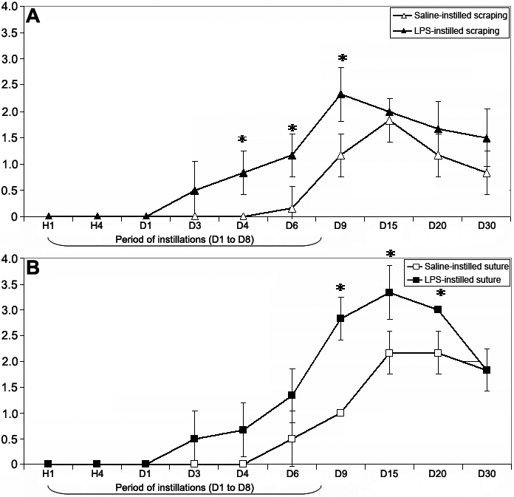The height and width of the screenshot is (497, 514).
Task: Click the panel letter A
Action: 32,16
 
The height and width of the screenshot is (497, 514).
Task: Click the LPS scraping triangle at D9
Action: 341,94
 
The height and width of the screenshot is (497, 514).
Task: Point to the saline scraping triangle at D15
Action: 389,120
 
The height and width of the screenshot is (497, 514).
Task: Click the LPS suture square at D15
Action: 389,292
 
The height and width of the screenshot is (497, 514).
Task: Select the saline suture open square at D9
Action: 341,413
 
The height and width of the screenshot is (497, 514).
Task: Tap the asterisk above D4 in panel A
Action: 242,139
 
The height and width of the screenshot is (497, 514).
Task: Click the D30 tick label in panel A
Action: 486,225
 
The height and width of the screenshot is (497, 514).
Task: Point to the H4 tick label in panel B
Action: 97,473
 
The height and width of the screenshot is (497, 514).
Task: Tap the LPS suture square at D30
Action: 487,370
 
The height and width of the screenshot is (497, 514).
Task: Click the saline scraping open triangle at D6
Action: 292,208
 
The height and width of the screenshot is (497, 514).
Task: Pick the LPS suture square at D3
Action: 194,439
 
